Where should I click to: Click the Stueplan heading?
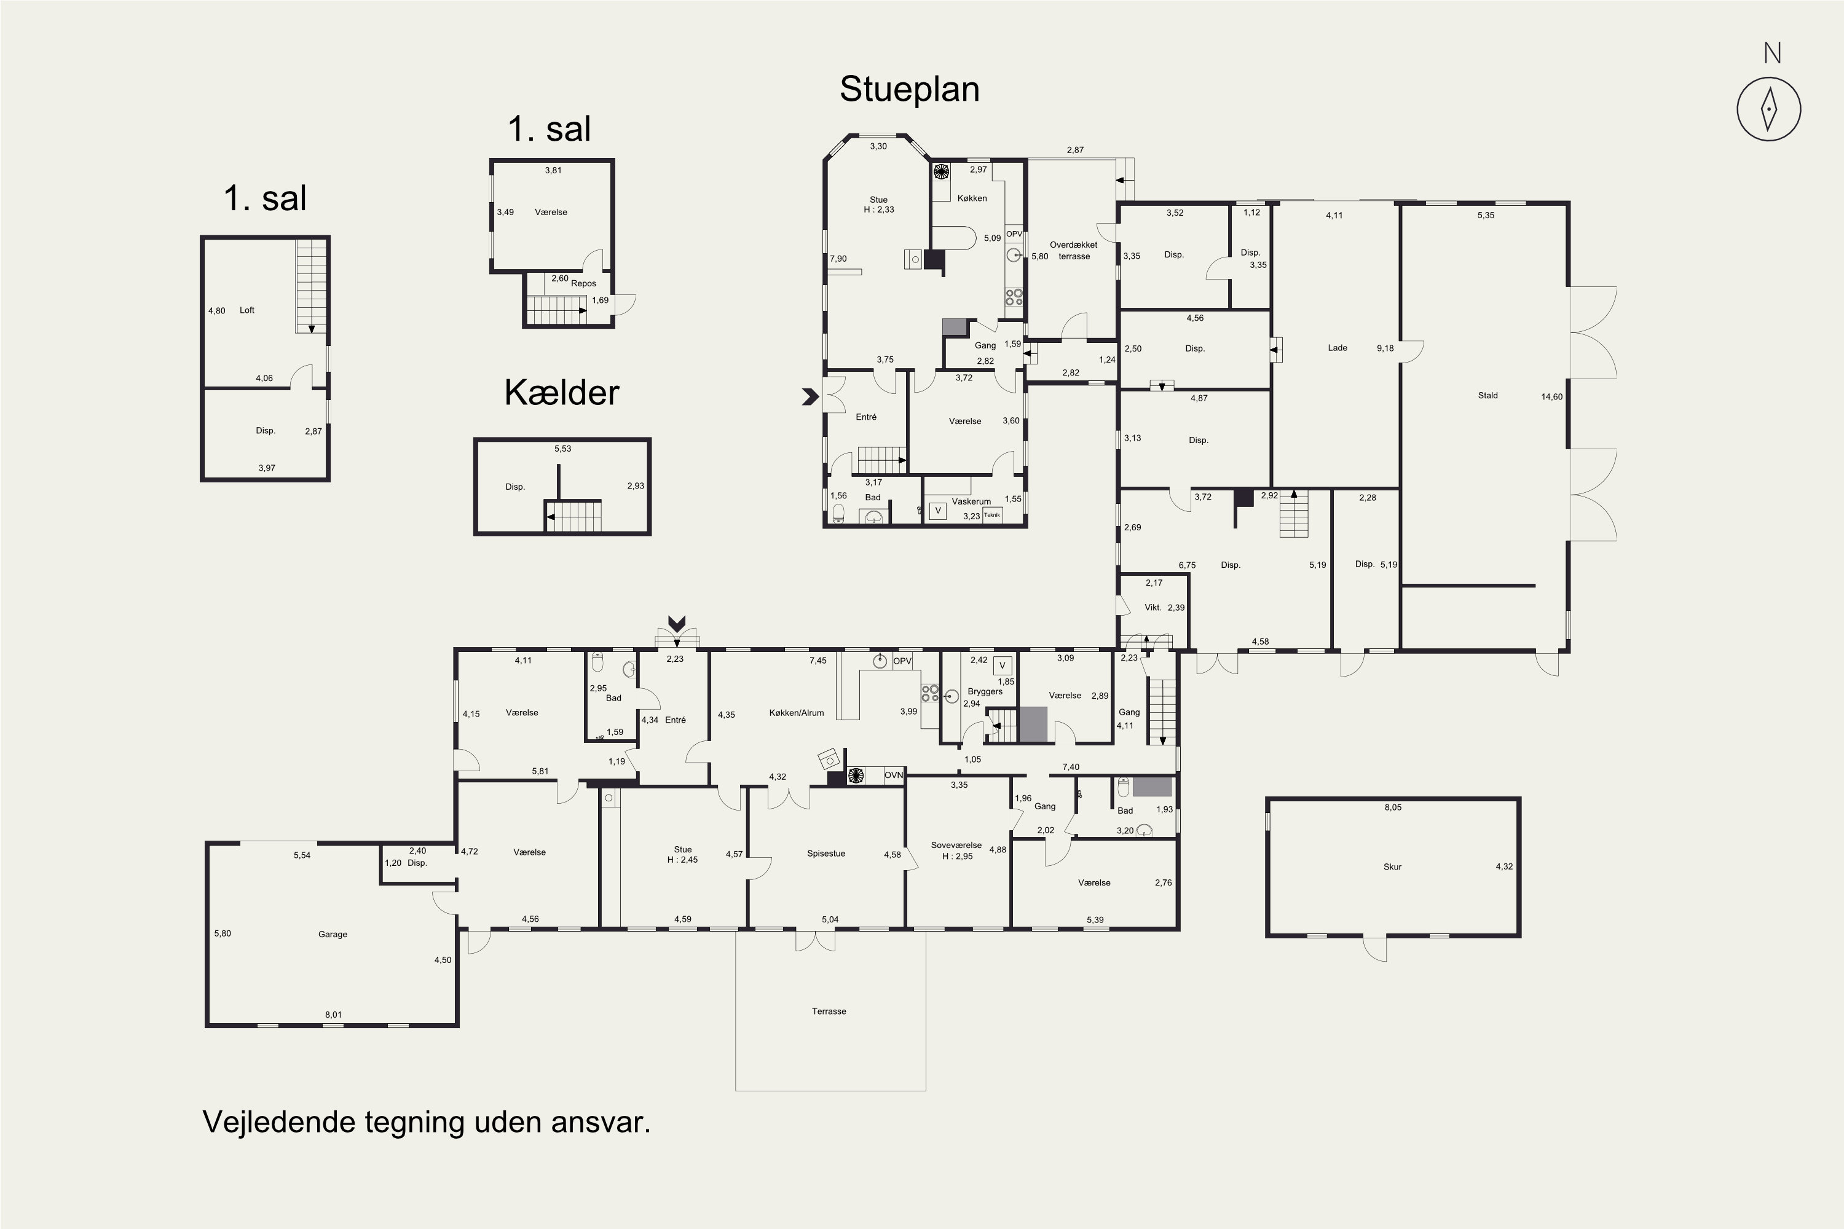pyautogui.click(x=910, y=89)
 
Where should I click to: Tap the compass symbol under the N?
pyautogui.click(x=1769, y=109)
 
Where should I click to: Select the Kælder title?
pyautogui.click(x=561, y=393)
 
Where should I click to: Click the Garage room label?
pyautogui.click(x=333, y=934)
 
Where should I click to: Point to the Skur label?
pyautogui.click(x=1392, y=867)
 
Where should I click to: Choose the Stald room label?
pyautogui.click(x=1488, y=396)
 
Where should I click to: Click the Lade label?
pyautogui.click(x=1338, y=348)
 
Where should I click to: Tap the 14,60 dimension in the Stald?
pyautogui.click(x=1551, y=396)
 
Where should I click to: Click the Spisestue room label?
pyautogui.click(x=826, y=854)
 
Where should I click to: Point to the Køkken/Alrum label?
pyautogui.click(x=797, y=713)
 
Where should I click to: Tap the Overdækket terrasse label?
pyautogui.click(x=1073, y=250)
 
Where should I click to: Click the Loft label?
pyautogui.click(x=247, y=310)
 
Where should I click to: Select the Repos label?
pyautogui.click(x=583, y=284)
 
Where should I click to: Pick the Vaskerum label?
pyautogui.click(x=971, y=501)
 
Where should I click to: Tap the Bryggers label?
pyautogui.click(x=985, y=691)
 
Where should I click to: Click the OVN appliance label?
pyautogui.click(x=894, y=775)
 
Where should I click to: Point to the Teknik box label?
pyautogui.click(x=992, y=515)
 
